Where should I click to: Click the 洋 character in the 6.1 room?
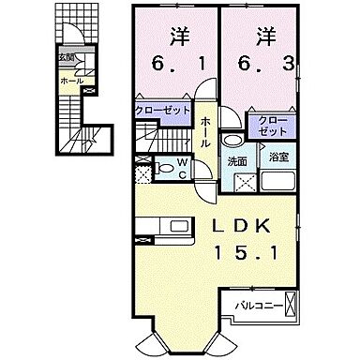[x=178, y=38]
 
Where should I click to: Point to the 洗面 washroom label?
[x=236, y=161]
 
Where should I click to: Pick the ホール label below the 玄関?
[x=70, y=82]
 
